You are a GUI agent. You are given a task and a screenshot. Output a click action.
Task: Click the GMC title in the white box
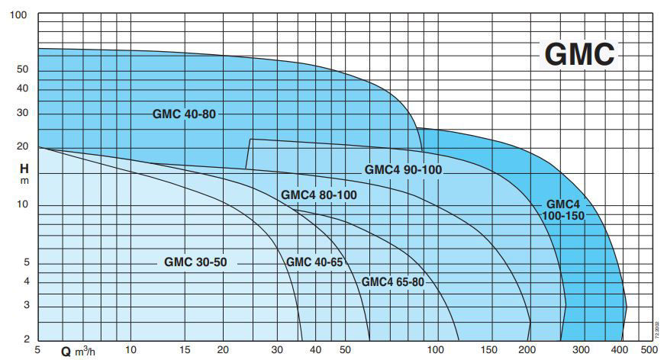pos(579,54)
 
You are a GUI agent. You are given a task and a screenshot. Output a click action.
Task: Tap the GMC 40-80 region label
pos(184,114)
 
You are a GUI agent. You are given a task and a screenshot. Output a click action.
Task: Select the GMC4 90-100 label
pos(403,169)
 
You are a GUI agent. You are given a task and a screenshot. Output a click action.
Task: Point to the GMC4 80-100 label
pos(319,194)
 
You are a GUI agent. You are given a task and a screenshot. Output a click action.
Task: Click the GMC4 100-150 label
pos(563,211)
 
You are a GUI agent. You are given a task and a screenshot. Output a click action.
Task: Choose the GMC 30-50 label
pos(195,262)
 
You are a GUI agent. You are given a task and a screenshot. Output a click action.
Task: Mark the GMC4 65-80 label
pos(392,281)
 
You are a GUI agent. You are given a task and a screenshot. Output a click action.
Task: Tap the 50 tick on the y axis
pos(21,69)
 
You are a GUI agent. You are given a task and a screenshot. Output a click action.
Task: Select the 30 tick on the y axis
pos(21,113)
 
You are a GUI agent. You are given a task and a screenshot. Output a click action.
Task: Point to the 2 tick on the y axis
pos(24,339)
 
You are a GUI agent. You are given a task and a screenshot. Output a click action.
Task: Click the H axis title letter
pos(24,169)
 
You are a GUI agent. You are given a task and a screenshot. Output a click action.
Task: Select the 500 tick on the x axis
pos(649,350)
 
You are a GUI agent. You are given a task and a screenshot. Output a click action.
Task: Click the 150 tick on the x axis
pos(489,350)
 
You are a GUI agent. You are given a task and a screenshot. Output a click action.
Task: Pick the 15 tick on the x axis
pos(186,350)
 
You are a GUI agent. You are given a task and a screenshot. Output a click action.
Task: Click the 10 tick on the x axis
pos(130,350)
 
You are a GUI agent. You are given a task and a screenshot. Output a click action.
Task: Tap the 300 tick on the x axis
pos(581,350)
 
